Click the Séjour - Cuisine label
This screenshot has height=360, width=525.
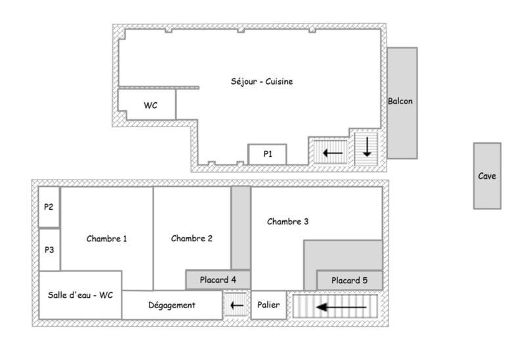pos(261,82)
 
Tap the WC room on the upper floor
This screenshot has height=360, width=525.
pos(150,106)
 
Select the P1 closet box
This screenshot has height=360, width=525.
pos(267,154)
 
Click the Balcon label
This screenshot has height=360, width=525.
pos(400,102)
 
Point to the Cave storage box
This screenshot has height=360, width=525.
pos(487,176)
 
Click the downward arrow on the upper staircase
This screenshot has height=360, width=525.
pos(366,146)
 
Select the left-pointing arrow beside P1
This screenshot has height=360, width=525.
pos(333,153)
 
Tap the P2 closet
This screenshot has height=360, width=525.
pos(49,207)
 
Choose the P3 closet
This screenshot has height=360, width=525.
pos(49,250)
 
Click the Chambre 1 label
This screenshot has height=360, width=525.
pos(106,239)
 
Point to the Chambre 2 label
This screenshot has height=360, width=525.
pos(192,239)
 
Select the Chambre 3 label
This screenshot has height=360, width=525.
pos(287,222)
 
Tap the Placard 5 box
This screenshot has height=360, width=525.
pos(349,281)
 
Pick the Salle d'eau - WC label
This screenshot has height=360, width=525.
pos(80,295)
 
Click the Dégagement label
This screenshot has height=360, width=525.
pos(172,305)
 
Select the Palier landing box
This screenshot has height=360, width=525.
pos(269,305)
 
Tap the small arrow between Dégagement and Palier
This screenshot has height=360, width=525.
pos(236,306)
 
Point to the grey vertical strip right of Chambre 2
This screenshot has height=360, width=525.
pos(241,227)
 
